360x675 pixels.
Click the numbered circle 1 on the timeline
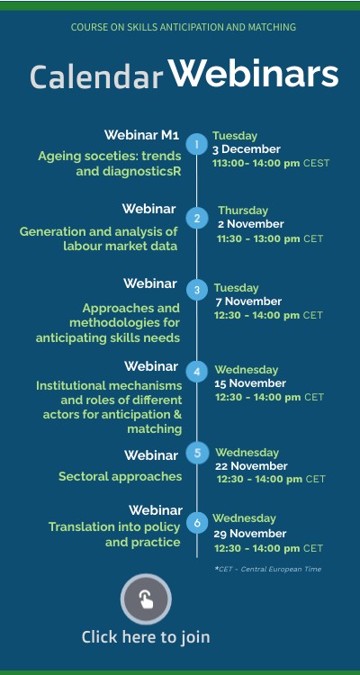tap(197, 144)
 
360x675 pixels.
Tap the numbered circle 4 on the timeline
tap(197, 372)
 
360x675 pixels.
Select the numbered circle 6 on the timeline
tap(197, 523)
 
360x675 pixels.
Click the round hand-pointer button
tap(146, 598)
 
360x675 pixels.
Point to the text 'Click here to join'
tap(146, 636)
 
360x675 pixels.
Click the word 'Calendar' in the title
tap(96, 76)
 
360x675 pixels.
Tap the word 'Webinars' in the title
tap(253, 72)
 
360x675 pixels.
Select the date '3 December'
tap(247, 149)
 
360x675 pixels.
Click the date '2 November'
tap(250, 224)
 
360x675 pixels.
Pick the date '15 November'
tap(250, 383)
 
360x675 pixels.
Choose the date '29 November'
tap(250, 534)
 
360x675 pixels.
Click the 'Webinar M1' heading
tap(141, 135)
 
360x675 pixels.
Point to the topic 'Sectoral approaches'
tap(120, 476)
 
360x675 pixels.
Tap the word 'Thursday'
tap(243, 211)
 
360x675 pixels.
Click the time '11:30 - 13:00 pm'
tap(258, 238)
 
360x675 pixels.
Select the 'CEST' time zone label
tap(317, 163)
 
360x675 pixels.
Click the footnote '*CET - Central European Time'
tap(268, 569)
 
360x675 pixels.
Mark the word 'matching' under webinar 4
tap(154, 429)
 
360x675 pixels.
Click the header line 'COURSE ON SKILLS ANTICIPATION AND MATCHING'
tap(184, 27)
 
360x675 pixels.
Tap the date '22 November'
tap(251, 466)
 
